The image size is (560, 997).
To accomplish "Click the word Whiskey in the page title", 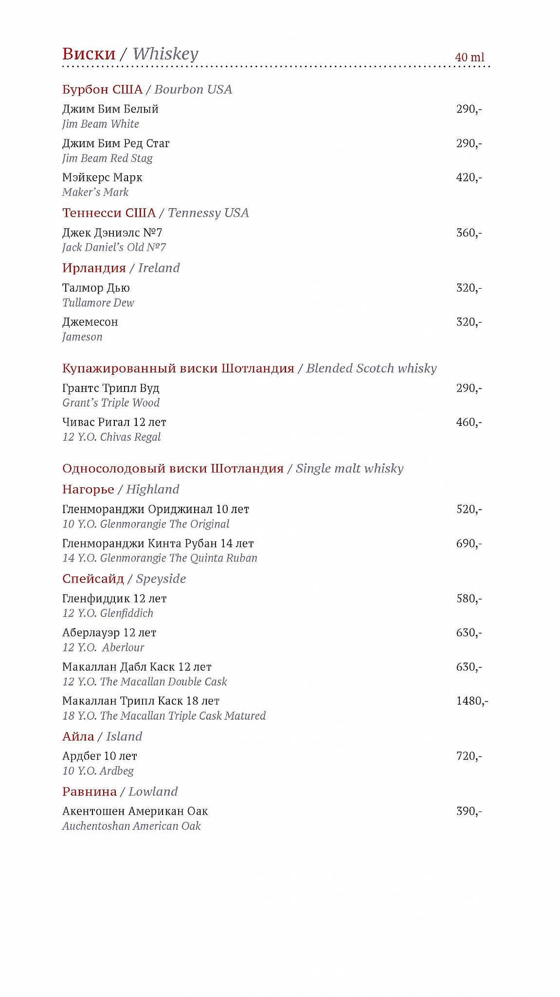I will (165, 54).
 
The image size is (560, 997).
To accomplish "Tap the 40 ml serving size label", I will (470, 57).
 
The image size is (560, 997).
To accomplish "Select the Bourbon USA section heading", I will (147, 90).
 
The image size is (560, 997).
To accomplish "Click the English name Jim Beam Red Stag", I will (108, 158).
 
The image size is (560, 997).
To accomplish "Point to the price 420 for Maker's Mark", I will (469, 178).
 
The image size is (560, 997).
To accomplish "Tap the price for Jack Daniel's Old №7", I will (469, 233).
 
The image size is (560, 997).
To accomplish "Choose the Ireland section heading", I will (121, 268).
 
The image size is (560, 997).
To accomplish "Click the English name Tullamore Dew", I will (98, 303).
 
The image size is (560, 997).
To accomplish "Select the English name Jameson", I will (82, 337).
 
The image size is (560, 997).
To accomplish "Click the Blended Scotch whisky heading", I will (249, 369).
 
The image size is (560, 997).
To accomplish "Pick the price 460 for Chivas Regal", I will (469, 423).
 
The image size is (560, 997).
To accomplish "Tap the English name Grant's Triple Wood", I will (111, 403).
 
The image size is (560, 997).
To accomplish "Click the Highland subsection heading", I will (121, 489).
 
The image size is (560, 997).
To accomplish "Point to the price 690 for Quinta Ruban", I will (469, 544).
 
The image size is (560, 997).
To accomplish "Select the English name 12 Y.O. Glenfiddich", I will (108, 613).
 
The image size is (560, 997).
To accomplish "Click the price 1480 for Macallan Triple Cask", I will (471, 701).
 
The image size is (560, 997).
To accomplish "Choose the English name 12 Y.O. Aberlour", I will (103, 647).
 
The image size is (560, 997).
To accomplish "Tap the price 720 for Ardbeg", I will (469, 756).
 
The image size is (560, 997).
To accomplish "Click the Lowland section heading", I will (120, 792).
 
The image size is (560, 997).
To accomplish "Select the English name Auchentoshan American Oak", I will (131, 826).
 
